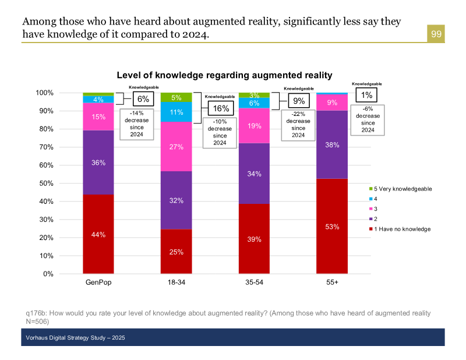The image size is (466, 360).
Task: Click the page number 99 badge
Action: click(x=436, y=34)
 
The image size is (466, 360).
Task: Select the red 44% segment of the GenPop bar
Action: click(x=98, y=234)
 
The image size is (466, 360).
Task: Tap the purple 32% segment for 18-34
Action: click(x=176, y=200)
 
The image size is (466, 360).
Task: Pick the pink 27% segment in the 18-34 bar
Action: click(x=176, y=147)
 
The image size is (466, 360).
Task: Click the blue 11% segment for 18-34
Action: click(x=176, y=112)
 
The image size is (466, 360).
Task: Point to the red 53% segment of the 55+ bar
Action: click(x=332, y=226)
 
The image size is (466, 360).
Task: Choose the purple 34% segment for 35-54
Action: click(x=254, y=173)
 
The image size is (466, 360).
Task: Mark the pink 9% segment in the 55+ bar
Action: click(x=332, y=103)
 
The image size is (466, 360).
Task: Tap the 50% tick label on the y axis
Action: click(x=45, y=183)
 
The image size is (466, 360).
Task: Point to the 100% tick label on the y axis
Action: click(x=44, y=93)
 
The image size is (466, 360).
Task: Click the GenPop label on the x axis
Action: click(x=98, y=282)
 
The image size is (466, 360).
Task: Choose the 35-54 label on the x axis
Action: click(x=254, y=282)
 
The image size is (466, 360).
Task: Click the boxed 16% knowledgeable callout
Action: click(x=221, y=108)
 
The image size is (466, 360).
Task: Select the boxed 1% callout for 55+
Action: click(x=367, y=95)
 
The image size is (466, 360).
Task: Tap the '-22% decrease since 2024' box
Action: click(x=298, y=125)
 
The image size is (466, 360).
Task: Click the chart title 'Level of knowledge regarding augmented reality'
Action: click(x=224, y=75)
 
